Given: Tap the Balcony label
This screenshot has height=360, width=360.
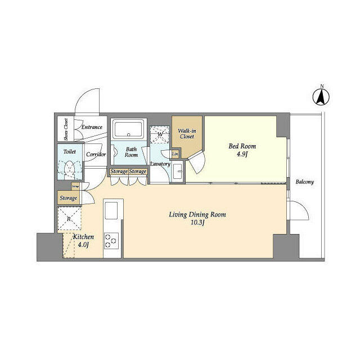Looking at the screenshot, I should click(304, 182).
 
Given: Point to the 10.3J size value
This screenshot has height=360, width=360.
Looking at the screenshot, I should click(194, 223).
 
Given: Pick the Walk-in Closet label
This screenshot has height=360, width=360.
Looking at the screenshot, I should click(186, 133).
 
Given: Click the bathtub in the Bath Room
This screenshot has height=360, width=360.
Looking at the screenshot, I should click(128, 129).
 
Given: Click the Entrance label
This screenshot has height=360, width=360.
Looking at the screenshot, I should click(91, 127).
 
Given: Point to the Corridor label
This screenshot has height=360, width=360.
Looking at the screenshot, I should click(96, 154).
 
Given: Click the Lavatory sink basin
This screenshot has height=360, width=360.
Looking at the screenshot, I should click(178, 171).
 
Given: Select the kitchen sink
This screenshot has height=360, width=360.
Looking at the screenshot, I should click(111, 210).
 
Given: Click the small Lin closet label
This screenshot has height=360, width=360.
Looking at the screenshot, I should click(175, 154).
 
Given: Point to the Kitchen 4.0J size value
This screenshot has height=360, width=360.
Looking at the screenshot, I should click(83, 245).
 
